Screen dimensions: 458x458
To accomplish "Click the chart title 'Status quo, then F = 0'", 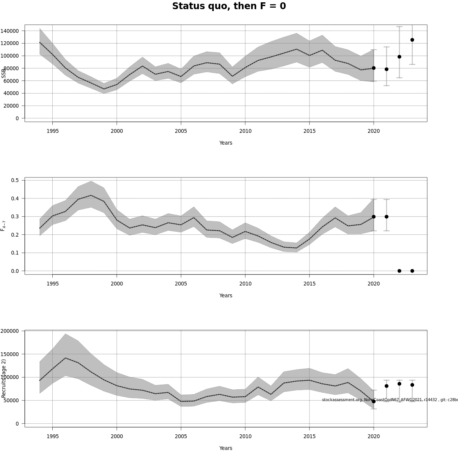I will [x=229, y=6].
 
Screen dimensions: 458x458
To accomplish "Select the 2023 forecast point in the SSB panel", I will [x=412, y=40].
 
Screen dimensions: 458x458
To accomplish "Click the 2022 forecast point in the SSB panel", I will [x=399, y=56].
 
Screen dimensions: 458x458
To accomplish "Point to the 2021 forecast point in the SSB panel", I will [x=387, y=69].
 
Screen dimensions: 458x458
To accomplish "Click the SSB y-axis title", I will [x=4, y=73].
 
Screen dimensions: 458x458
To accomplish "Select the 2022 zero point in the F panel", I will [x=399, y=271].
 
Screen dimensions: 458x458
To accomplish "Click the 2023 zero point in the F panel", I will [x=412, y=271].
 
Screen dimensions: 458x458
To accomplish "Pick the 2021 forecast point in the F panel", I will [x=387, y=216].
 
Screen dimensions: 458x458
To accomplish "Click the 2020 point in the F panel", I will [x=374, y=216].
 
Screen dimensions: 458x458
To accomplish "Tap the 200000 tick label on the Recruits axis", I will [x=10, y=331].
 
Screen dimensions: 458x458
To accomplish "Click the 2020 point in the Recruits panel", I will [x=374, y=401].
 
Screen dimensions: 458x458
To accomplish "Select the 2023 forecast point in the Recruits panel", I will [x=412, y=385].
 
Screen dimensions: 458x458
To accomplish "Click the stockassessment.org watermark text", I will [x=389, y=400].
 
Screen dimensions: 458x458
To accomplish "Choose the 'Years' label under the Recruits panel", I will [x=226, y=448].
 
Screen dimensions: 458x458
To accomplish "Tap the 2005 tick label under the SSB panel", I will [x=181, y=131].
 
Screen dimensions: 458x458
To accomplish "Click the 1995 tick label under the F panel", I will [x=53, y=284].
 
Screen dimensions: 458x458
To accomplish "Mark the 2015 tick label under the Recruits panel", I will [x=310, y=437].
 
